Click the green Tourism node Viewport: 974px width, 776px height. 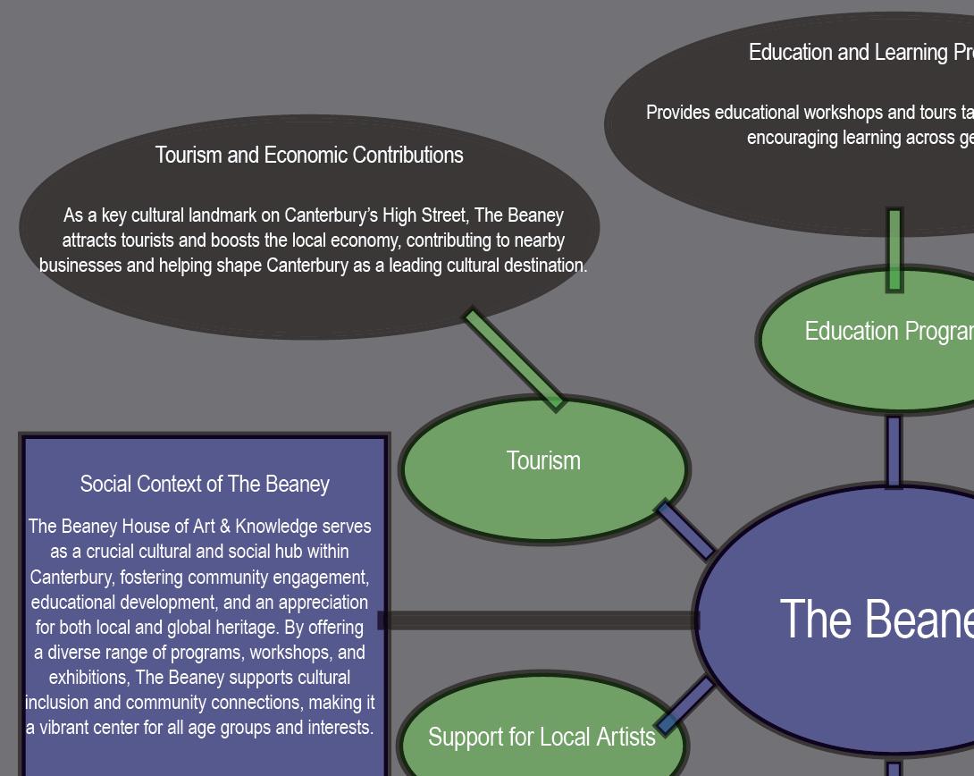543,469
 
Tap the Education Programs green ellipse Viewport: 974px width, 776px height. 885,340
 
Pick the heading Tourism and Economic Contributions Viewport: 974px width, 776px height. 309,155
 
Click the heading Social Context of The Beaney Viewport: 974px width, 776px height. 205,484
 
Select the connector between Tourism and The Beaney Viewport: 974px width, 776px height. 685,530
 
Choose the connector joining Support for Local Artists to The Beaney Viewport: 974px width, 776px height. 685,705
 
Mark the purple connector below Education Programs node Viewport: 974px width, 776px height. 894,451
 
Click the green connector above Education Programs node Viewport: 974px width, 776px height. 894,249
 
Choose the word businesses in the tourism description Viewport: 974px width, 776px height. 81,266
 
